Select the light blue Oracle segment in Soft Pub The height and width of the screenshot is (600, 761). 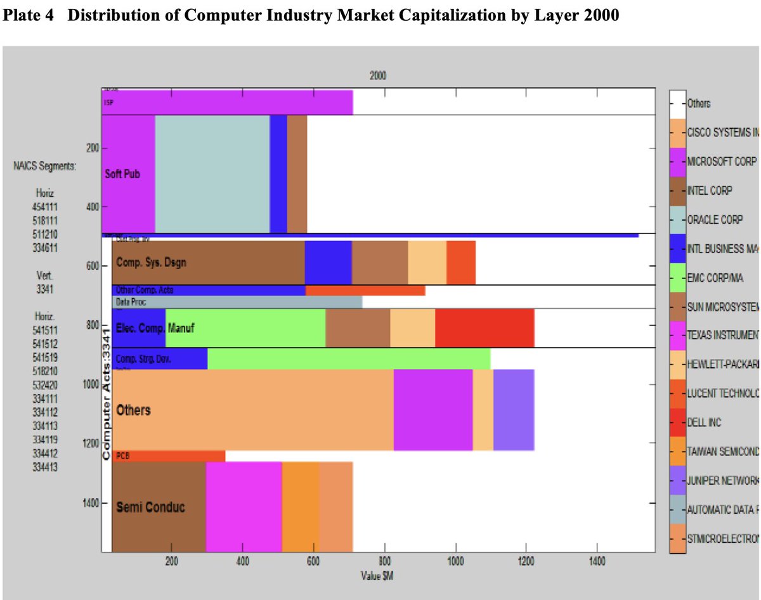tap(212, 174)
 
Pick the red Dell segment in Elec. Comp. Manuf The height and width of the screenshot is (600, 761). tap(485, 328)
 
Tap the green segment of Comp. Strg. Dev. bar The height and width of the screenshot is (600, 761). tap(348, 358)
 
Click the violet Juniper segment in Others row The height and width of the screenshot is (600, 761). tap(514, 410)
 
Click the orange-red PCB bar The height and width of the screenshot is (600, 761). tap(169, 455)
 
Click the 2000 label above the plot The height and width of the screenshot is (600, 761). tap(377, 75)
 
